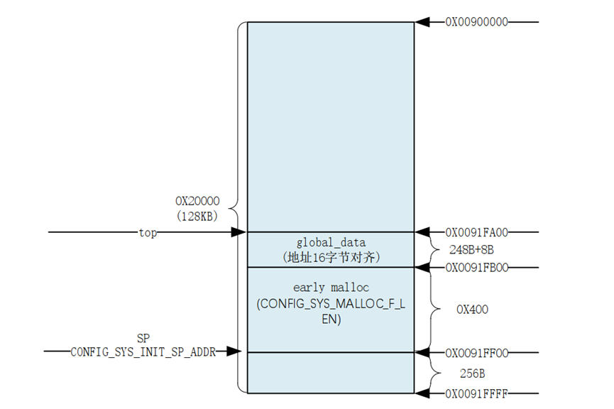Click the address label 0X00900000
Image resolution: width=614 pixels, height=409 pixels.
(476, 22)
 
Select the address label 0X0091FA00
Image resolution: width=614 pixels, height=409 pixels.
(476, 232)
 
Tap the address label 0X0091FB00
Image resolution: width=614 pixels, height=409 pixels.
(476, 268)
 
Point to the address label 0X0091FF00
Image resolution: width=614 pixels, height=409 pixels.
(476, 352)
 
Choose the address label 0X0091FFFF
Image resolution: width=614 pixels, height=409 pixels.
(476, 393)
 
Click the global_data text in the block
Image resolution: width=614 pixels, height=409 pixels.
(330, 243)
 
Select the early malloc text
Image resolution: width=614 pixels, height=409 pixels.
(330, 288)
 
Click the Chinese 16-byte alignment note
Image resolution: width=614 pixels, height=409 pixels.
(330, 257)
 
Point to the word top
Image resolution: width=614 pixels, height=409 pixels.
(148, 232)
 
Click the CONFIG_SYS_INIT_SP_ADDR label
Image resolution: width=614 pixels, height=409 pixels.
(143, 351)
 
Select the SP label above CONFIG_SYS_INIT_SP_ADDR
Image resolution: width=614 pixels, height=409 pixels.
(143, 337)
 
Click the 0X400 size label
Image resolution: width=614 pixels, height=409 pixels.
(472, 310)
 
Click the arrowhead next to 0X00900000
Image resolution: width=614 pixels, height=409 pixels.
(423, 22)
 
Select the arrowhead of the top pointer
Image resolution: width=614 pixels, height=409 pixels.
(239, 232)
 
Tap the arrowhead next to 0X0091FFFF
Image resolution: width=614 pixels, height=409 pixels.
(423, 393)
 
